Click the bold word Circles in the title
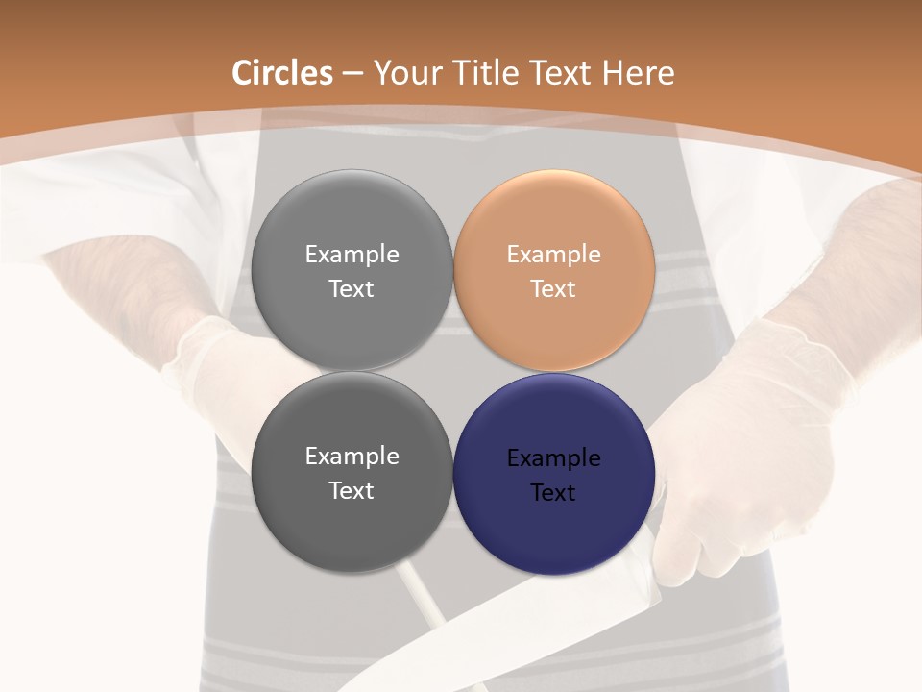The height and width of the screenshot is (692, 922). [281, 73]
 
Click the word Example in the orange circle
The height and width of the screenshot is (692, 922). [553, 254]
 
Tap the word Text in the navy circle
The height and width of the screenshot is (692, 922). [553, 492]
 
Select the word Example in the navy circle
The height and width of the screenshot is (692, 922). [553, 457]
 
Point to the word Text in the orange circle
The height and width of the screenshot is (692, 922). [553, 288]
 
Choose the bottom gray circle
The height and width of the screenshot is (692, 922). [352, 529]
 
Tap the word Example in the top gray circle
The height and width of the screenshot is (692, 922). [352, 254]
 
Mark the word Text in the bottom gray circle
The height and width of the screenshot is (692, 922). [352, 490]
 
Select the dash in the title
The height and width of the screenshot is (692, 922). [352, 73]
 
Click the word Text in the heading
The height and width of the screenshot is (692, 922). [559, 73]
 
